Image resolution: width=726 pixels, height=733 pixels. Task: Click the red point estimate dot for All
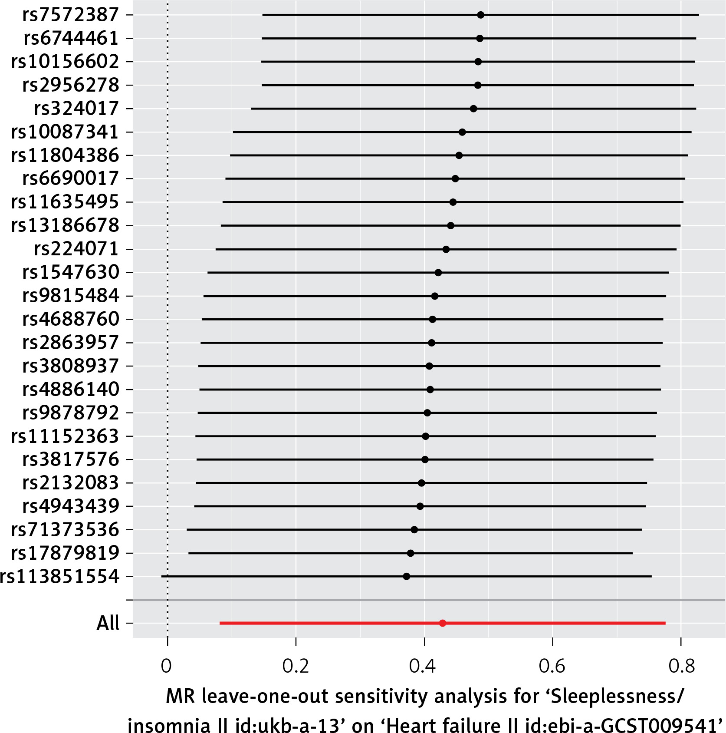[x=443, y=623]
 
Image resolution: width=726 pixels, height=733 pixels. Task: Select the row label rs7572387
[x=71, y=15]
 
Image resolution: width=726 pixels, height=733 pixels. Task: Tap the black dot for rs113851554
[x=407, y=576]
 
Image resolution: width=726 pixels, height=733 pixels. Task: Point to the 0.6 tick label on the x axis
[x=552, y=666]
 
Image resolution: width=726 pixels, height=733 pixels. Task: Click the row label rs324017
[x=76, y=109]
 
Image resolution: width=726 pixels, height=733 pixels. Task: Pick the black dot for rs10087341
[x=462, y=132]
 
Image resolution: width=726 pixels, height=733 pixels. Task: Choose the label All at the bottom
[x=108, y=623]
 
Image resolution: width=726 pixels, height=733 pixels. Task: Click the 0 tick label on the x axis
[x=167, y=666]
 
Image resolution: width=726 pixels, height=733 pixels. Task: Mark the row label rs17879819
[x=65, y=553]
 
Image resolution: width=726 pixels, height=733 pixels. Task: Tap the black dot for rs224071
[x=446, y=249]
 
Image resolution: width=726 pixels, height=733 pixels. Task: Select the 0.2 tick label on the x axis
[x=296, y=666]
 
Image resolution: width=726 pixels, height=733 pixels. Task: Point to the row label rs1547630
[x=71, y=272]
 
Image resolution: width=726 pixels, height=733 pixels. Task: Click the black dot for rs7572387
[x=480, y=15]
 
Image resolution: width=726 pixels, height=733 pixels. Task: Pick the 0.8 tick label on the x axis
[x=681, y=666]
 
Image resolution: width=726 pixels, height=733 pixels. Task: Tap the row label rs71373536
[x=65, y=529]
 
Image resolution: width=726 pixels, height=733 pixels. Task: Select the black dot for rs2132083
[x=421, y=483]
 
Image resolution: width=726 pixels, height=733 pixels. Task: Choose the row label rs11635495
[x=65, y=202]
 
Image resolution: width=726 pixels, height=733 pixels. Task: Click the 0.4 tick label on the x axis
[x=423, y=666]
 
